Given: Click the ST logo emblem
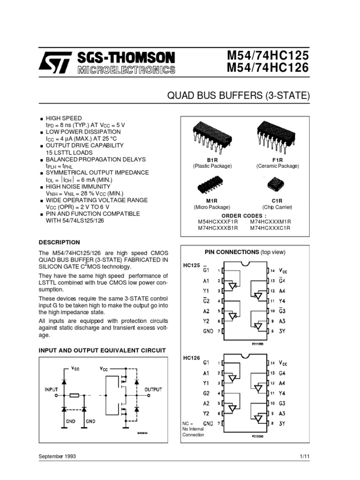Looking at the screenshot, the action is [x=55, y=62].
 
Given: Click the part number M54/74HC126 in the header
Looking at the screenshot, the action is [x=268, y=68].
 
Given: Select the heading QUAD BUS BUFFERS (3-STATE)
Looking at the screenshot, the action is [x=239, y=97].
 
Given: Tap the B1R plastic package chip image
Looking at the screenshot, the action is [x=212, y=135].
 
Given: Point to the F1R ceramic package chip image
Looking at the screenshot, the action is [x=277, y=135].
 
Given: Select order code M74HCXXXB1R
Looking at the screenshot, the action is [x=218, y=228].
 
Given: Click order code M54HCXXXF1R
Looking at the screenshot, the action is [x=218, y=221].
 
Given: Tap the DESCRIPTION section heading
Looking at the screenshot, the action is [x=59, y=242].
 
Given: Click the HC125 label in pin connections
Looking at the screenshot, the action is [x=191, y=265].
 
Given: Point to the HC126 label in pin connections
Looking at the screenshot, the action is [x=191, y=358].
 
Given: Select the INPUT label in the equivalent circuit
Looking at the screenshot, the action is [x=51, y=389].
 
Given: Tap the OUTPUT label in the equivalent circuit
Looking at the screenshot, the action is [x=153, y=389].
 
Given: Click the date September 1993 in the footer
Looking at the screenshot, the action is [x=57, y=456].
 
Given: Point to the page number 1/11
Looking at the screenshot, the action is [x=305, y=456].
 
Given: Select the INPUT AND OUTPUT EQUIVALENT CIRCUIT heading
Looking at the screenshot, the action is [x=102, y=351].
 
